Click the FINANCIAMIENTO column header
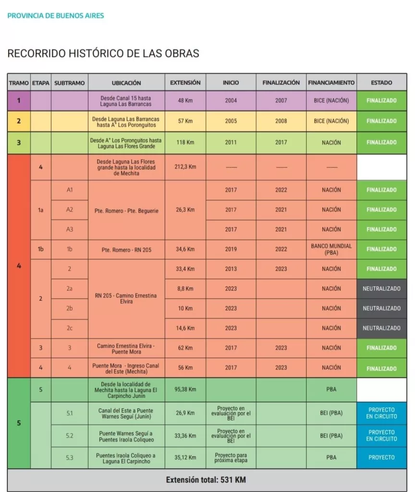click(332, 83)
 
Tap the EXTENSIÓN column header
click(185, 83)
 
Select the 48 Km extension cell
click(185, 101)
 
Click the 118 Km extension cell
click(185, 143)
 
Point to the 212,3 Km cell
click(185, 167)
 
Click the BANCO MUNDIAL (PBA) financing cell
click(332, 249)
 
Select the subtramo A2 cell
click(70, 209)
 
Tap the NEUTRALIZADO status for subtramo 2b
click(381, 308)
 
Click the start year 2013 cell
click(231, 269)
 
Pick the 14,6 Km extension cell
click(185, 328)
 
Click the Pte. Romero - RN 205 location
click(127, 249)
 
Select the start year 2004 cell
click(231, 101)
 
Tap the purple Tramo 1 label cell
click(19, 101)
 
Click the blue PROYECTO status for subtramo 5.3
click(381, 457)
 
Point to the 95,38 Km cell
click(185, 390)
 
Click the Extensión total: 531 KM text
click(206, 480)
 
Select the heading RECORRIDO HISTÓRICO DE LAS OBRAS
click(103, 53)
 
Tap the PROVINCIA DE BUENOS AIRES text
click(56, 15)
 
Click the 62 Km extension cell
click(185, 348)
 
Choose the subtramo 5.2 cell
click(70, 436)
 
